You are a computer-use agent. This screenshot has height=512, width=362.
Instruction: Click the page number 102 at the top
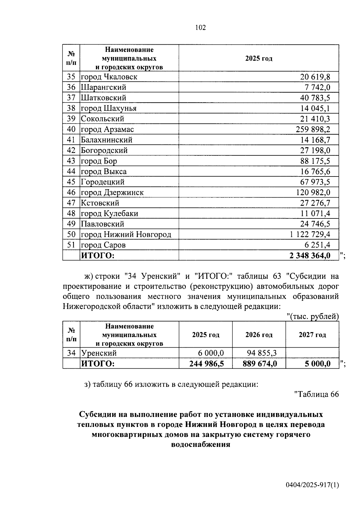click(x=201, y=28)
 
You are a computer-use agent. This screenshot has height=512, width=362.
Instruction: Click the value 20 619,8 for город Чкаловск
click(x=315, y=77)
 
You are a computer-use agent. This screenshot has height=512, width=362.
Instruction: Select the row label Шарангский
click(x=103, y=87)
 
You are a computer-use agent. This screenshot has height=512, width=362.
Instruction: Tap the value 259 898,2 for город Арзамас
click(x=313, y=129)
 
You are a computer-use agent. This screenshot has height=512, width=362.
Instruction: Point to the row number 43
click(x=71, y=161)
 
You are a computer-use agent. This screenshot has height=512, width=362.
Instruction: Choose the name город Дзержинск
click(x=112, y=192)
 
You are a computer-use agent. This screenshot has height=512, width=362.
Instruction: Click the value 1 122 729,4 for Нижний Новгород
click(x=310, y=234)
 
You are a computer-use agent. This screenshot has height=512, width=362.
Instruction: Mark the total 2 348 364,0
click(x=310, y=256)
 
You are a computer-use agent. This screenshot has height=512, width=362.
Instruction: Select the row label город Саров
click(x=103, y=245)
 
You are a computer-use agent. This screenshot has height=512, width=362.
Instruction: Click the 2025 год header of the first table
click(x=259, y=59)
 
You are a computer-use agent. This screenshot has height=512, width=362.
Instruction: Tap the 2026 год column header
click(x=259, y=335)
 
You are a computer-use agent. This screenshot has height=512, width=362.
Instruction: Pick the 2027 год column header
click(x=312, y=335)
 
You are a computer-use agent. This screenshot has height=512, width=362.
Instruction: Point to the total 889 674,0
click(x=260, y=364)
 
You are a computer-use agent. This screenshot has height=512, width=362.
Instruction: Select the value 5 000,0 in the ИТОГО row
click(x=317, y=364)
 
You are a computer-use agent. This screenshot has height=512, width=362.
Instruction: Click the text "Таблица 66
click(x=316, y=394)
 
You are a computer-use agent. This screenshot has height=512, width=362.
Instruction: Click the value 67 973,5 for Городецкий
click(x=315, y=182)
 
